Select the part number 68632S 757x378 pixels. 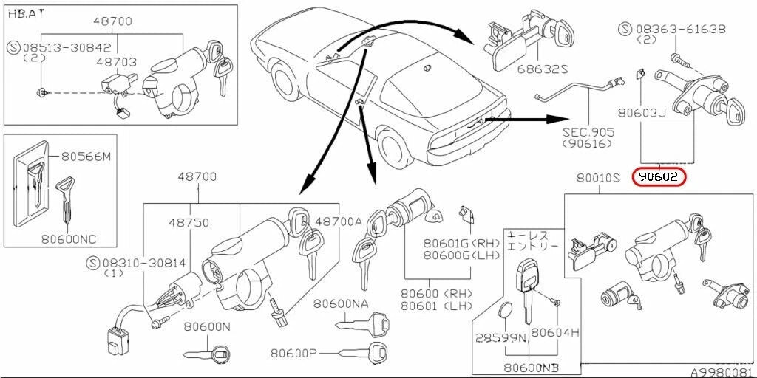point(541,69)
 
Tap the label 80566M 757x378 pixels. point(86,157)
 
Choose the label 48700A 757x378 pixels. point(339,221)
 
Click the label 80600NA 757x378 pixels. point(340,303)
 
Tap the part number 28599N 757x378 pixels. point(500,337)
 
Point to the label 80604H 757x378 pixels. point(554,333)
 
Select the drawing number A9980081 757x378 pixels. point(722,372)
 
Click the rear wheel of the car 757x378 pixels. point(393,151)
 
